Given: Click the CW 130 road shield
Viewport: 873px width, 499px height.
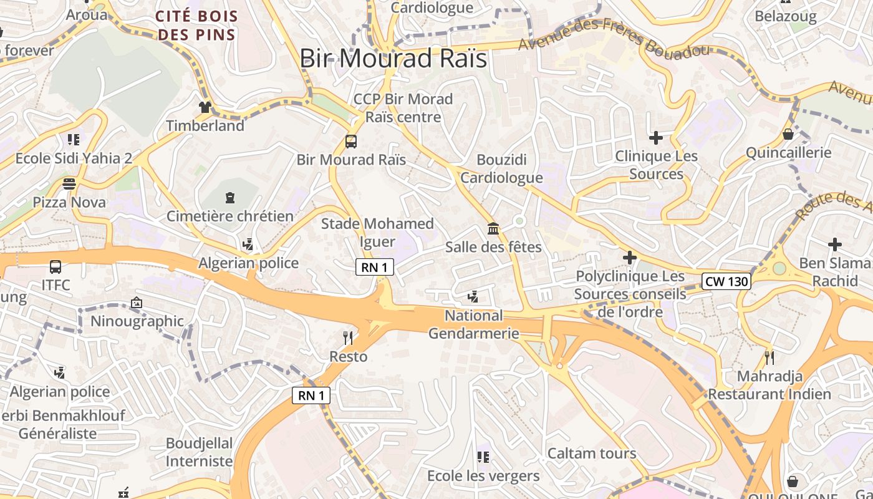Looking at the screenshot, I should [x=726, y=281].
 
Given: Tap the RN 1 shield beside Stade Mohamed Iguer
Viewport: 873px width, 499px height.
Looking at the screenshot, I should [x=375, y=268].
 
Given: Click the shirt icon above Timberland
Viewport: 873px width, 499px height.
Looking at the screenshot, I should [x=205, y=107].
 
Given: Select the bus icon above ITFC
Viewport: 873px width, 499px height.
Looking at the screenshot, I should [x=55, y=267].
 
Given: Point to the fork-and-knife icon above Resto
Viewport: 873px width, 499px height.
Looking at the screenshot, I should [x=348, y=338].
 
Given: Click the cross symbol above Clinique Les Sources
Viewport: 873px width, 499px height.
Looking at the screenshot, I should [x=655, y=137].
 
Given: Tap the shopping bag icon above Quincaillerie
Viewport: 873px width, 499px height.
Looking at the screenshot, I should [x=788, y=134].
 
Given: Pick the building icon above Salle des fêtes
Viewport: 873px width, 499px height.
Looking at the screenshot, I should [x=493, y=229].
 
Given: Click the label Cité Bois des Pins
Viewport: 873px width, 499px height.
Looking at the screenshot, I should [x=197, y=25].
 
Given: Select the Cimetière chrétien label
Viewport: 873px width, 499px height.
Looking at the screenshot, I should [x=229, y=216].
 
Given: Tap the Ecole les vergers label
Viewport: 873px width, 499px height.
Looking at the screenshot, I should [x=483, y=476].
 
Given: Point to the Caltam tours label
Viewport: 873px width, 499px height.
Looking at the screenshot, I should [x=592, y=453].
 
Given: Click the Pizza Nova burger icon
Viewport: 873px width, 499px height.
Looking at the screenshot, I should [x=69, y=184].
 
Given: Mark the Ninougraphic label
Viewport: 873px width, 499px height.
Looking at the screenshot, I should [x=137, y=321].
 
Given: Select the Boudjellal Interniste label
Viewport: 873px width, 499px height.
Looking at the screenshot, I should [x=199, y=452].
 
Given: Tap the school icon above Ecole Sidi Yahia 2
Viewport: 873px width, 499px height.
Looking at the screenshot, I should [x=74, y=140].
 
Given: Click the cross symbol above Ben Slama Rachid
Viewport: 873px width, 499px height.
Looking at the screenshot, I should [x=834, y=245].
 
